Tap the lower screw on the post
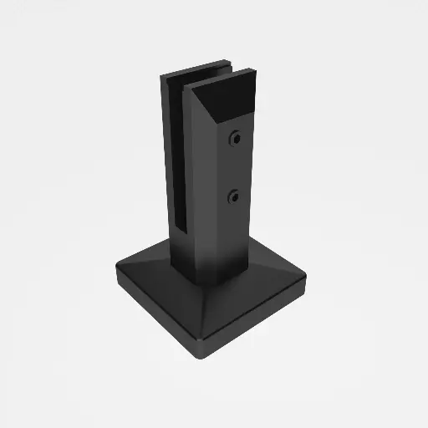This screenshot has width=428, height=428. [235, 196]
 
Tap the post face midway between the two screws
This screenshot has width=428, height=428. [237, 167]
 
